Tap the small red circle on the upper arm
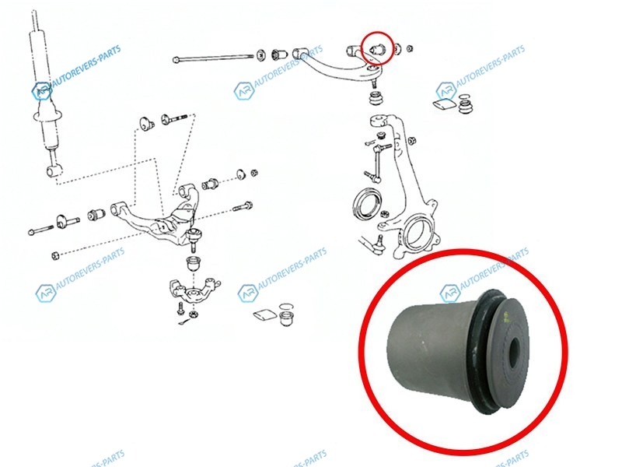(x=377, y=47)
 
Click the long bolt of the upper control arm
(x=213, y=58)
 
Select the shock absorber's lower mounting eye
(x=54, y=171)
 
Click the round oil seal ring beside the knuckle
(x=367, y=205)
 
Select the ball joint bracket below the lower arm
(x=195, y=291)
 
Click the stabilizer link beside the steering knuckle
(x=376, y=162)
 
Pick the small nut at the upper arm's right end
(x=411, y=48)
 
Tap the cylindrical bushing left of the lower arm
(x=96, y=213)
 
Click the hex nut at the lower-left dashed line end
(x=56, y=255)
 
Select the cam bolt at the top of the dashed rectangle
(x=173, y=118)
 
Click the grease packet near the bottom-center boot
(x=264, y=314)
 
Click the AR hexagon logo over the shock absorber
(x=41, y=91)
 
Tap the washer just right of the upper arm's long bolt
(x=261, y=56)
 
